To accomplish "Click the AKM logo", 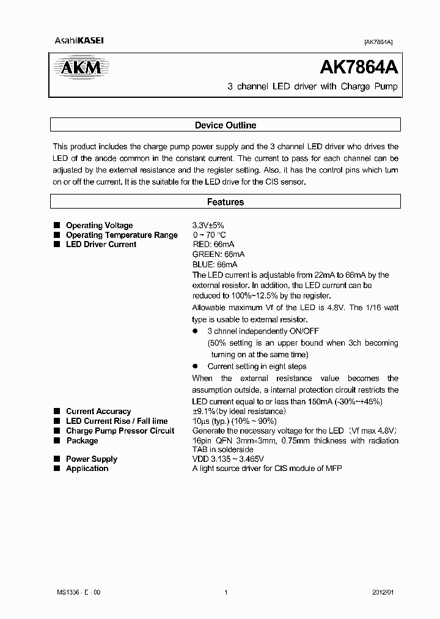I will point(81,67).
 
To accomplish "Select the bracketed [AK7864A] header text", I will point(378,42).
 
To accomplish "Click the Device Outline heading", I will point(225,125).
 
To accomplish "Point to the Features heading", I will point(225,202).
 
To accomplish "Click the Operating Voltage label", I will point(99,226).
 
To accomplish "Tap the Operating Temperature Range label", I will point(122,235).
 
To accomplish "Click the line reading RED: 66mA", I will point(213,245).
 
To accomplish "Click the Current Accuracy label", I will point(98,412).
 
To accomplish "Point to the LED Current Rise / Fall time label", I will point(117,421).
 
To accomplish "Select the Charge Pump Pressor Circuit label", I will point(120,431).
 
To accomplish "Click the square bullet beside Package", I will point(57,440).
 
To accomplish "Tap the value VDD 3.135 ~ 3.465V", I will point(233,459).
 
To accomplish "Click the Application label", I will point(87,469).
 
